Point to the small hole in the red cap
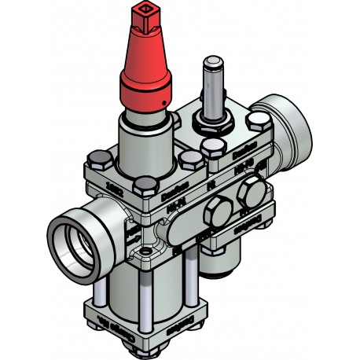click(x=157, y=101)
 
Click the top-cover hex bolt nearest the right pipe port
click(x=257, y=119)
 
